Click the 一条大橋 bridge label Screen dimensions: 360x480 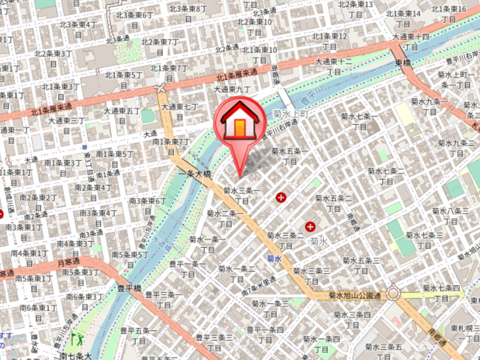click(x=195, y=173)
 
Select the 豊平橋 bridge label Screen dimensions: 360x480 click(x=129, y=288)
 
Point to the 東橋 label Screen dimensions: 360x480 click(x=403, y=62)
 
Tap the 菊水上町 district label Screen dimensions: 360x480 click(x=290, y=113)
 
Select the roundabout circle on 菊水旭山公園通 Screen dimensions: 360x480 click(x=394, y=293)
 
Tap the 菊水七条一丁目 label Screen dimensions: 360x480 click(x=359, y=121)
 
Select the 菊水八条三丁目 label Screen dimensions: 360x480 click(x=450, y=215)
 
